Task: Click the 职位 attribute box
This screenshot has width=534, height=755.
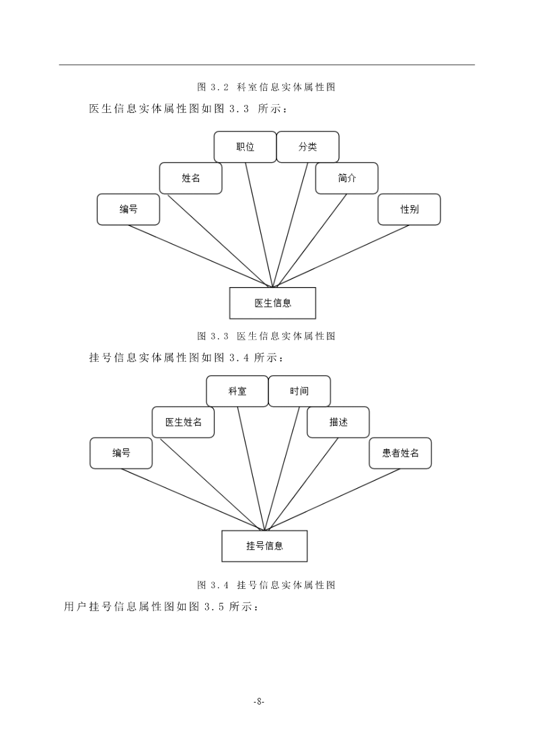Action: tap(245, 147)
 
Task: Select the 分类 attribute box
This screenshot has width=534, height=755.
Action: tap(307, 147)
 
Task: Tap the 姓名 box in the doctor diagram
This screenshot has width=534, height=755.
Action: tap(191, 178)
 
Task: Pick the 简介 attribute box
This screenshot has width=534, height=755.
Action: tap(346, 178)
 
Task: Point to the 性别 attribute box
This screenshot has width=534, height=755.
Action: tap(410, 210)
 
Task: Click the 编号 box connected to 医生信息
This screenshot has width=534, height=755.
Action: tap(128, 210)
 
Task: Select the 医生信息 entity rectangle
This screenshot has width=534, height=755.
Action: tap(272, 303)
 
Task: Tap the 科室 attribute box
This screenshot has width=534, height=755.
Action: tap(237, 391)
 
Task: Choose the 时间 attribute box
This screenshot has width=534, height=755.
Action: tap(299, 391)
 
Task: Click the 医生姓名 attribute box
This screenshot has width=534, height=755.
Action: tap(183, 422)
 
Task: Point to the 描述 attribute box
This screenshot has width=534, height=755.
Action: tap(338, 422)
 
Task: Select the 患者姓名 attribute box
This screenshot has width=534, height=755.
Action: tap(400, 453)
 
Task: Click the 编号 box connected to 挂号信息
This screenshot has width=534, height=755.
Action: tap(121, 453)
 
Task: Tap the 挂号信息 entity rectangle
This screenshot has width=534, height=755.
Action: tap(264, 546)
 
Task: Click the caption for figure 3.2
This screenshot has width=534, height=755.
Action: tap(266, 87)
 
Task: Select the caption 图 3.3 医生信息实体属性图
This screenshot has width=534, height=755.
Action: tap(266, 336)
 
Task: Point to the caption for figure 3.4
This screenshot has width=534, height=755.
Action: tap(266, 585)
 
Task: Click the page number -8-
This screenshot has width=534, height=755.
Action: tap(259, 702)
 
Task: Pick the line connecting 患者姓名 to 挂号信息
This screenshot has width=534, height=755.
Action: tap(332, 500)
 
